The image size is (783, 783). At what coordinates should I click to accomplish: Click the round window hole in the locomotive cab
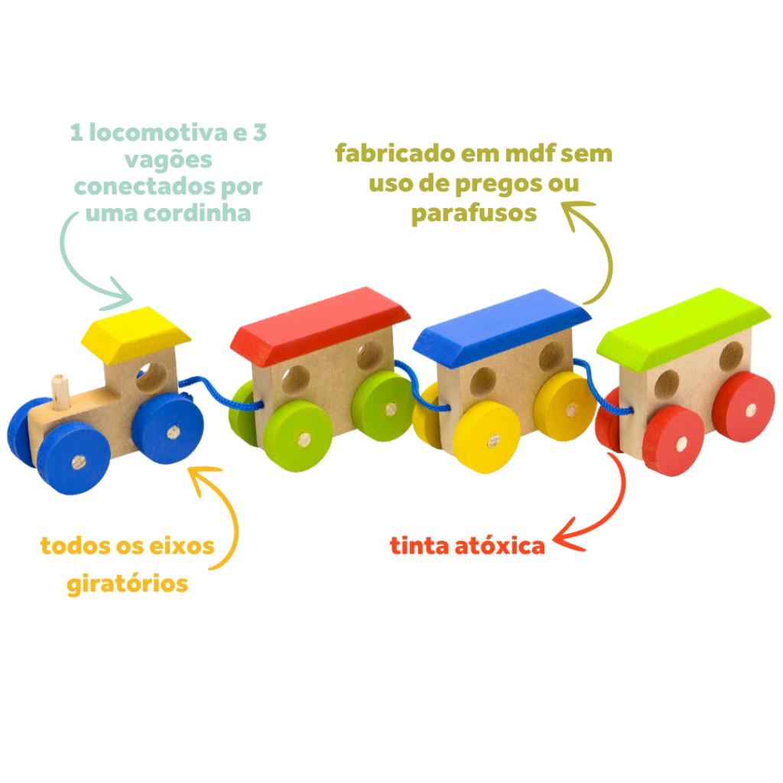[150, 375]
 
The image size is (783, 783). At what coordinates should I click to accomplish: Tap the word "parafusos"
[474, 213]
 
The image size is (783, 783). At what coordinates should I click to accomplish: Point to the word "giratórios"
[127, 584]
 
